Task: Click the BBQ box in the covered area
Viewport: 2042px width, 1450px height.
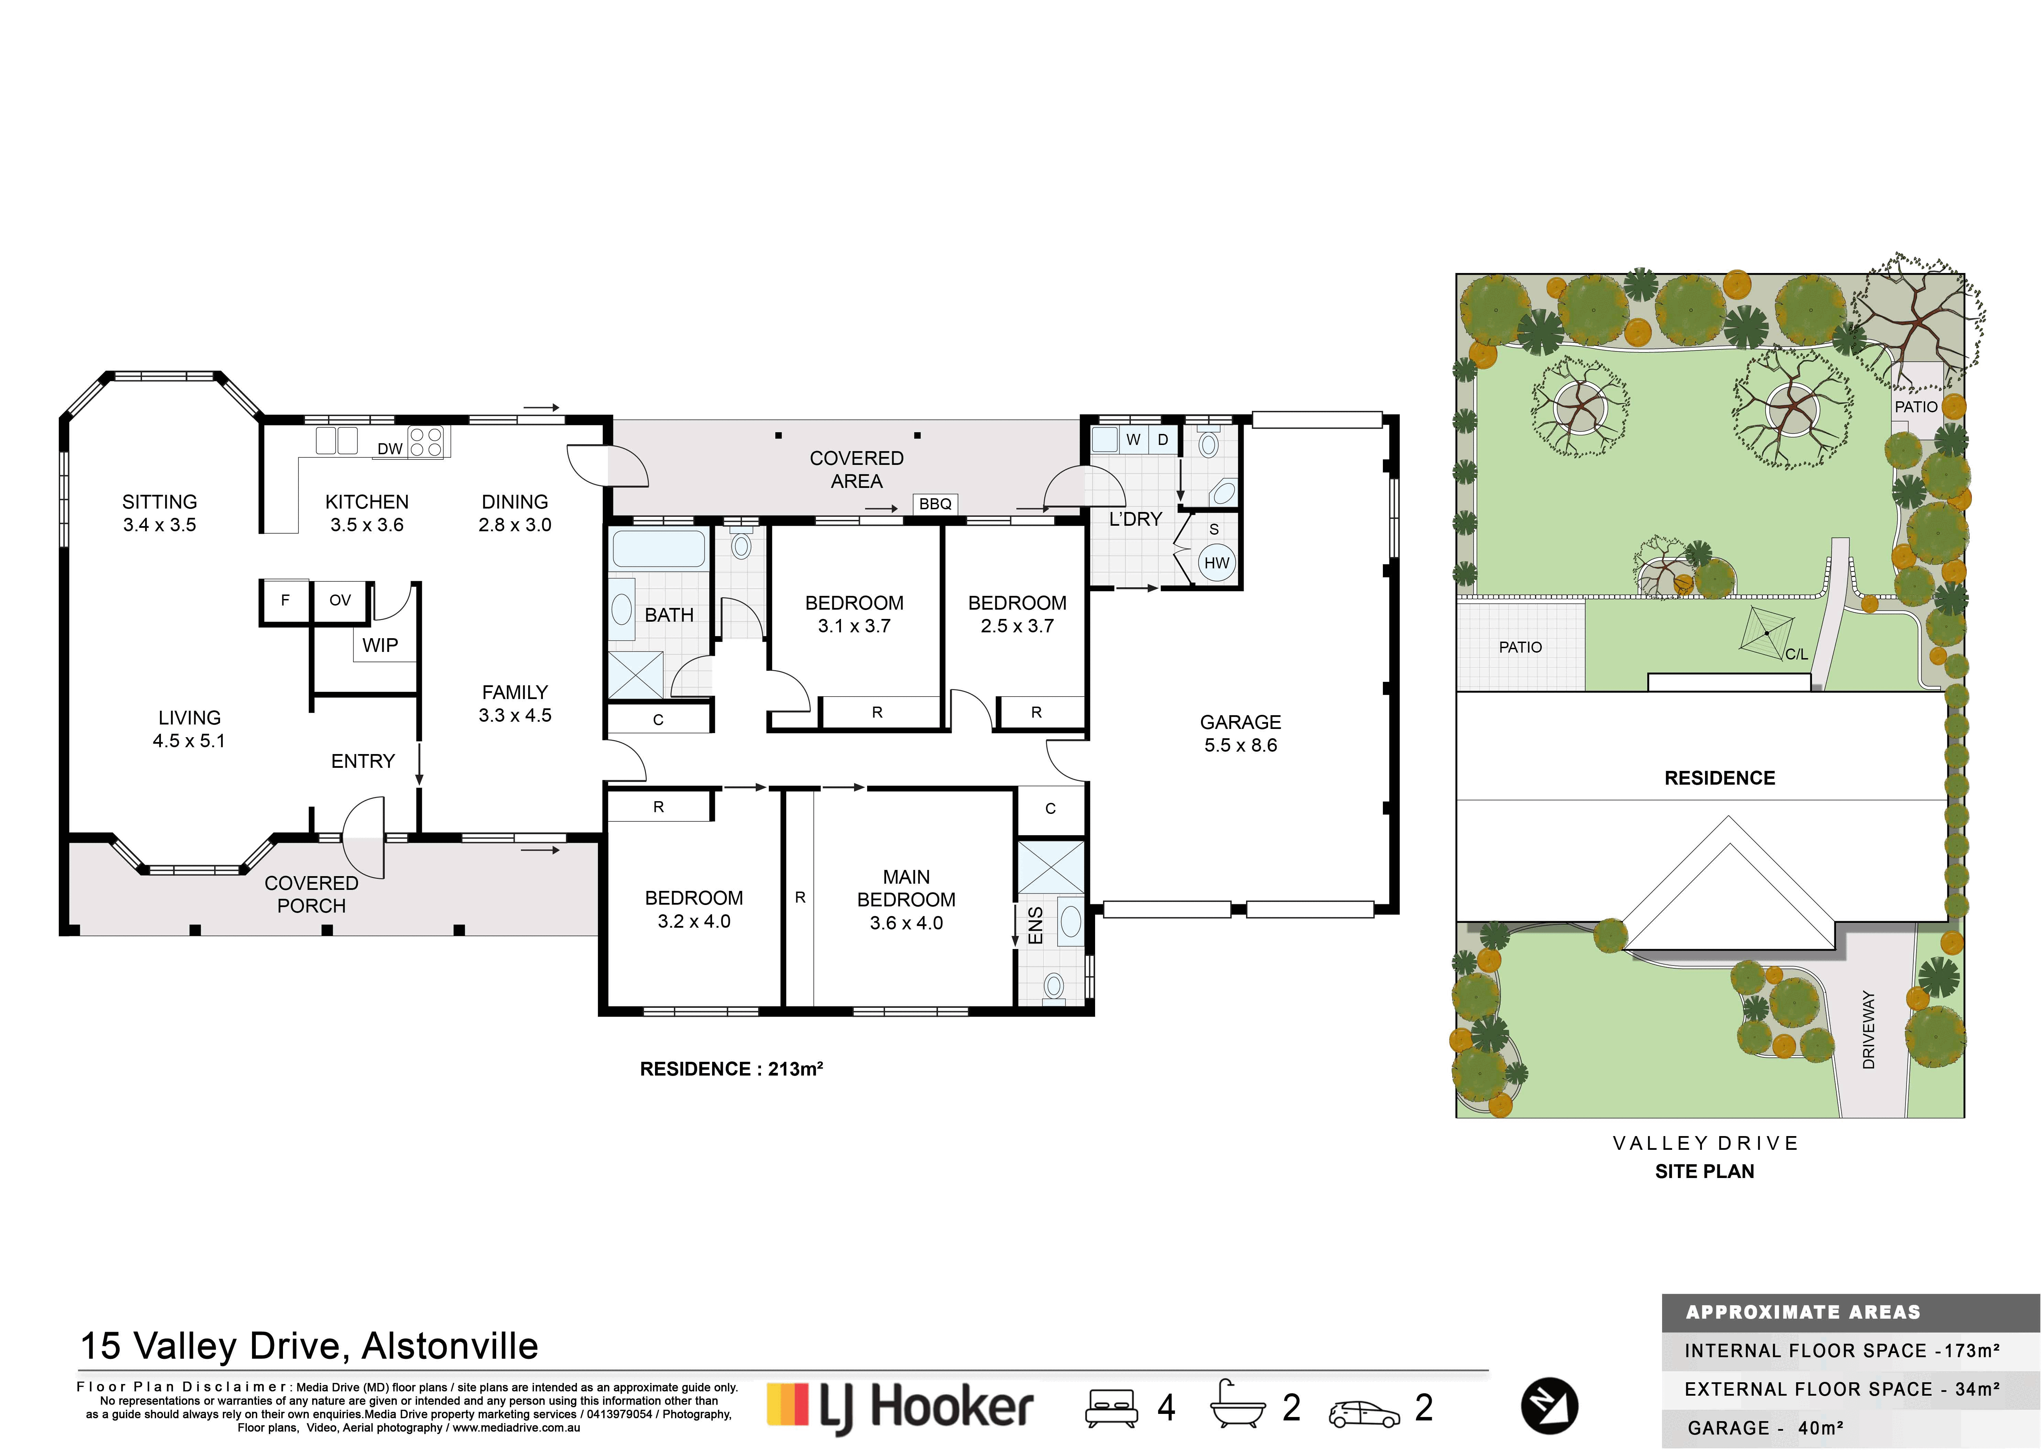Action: click(935, 504)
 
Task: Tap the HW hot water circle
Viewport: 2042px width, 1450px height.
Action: click(1216, 563)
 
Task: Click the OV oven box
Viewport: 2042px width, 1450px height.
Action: click(340, 601)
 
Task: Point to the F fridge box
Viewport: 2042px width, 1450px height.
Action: click(285, 601)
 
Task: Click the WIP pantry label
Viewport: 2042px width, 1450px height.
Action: click(380, 645)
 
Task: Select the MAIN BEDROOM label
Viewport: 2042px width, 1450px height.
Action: click(906, 888)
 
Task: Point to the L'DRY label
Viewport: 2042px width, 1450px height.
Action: click(1136, 519)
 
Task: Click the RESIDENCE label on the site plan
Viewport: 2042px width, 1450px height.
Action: click(1720, 778)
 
